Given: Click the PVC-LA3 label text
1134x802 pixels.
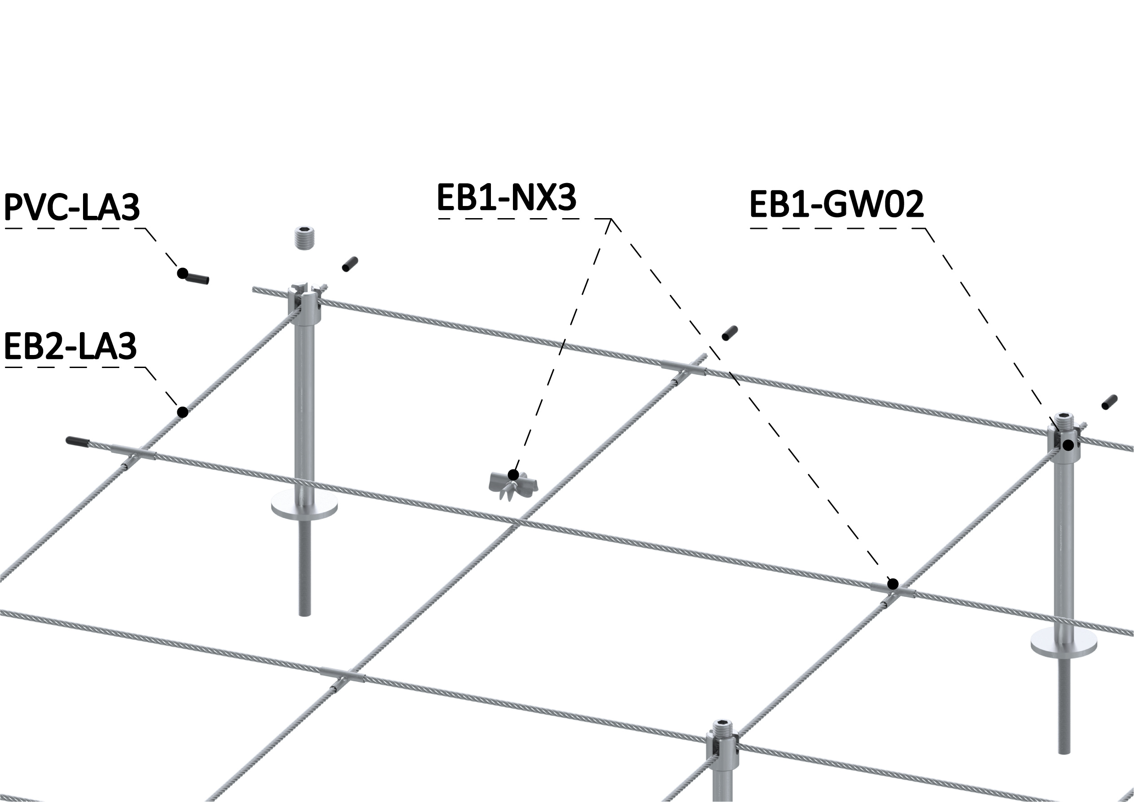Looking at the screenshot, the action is [72, 207].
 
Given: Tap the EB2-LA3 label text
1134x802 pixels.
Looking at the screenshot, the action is [70, 346].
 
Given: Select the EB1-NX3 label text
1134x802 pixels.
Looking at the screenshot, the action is [507, 197].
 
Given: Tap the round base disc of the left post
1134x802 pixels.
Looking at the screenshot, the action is [305, 505].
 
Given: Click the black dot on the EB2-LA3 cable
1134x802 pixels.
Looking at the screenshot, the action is [183, 412].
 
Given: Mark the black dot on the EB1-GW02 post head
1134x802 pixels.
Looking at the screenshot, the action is [1068, 446].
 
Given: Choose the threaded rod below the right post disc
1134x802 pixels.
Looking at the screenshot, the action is [1063, 706].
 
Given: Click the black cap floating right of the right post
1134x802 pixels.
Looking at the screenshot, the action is [1110, 402].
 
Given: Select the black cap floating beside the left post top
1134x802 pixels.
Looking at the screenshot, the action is [350, 264].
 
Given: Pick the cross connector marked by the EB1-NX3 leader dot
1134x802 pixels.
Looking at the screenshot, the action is [892, 590].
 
